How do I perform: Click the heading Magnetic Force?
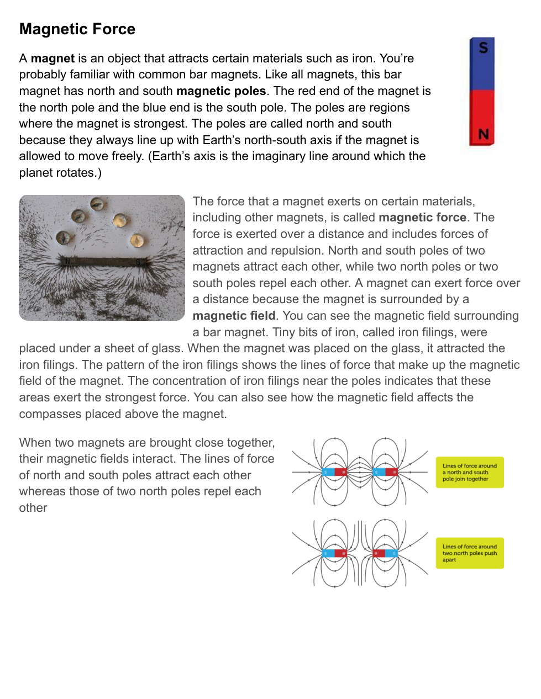tap(77, 29)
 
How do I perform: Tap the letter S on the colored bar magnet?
tap(484, 48)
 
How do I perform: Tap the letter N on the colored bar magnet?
tap(484, 134)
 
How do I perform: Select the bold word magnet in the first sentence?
tap(52, 59)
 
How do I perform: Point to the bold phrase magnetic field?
tap(234, 316)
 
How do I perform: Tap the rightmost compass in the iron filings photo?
tap(136, 240)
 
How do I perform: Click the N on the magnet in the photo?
tap(68, 261)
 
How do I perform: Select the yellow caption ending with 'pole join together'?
tap(469, 473)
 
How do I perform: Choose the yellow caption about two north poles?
tap(469, 553)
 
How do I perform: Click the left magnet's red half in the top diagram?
tap(341, 472)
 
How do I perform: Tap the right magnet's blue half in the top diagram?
tap(379, 472)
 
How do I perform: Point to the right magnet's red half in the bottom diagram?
tap(379, 553)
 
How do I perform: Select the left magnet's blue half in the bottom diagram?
tap(328, 553)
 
